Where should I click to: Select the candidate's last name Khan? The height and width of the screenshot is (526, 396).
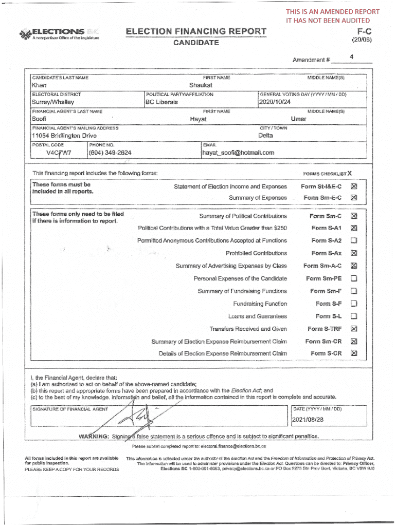coord(39,85)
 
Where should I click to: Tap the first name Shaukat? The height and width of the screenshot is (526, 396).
coord(201,85)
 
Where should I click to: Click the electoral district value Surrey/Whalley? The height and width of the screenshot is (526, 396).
coord(53,102)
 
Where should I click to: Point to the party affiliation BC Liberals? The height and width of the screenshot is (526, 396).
coord(162,102)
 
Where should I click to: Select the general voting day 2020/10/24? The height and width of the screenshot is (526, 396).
coord(275,102)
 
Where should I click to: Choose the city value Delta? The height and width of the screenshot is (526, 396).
coord(265,136)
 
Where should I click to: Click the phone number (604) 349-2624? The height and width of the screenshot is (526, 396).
coord(110,153)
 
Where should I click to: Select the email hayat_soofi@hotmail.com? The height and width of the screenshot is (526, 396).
coord(238,153)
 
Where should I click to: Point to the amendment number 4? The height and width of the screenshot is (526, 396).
coord(351,57)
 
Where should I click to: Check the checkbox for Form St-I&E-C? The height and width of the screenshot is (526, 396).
coord(353,187)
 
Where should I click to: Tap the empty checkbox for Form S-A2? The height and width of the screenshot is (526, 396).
coord(353,240)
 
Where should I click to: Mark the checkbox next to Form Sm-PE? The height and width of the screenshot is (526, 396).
coord(353,278)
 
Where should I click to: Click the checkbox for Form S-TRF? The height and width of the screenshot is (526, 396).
coord(353,329)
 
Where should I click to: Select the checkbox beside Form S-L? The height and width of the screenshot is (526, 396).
coord(353,316)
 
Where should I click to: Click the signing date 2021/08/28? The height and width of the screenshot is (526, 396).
coord(308,420)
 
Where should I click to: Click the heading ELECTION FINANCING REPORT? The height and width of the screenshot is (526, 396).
coord(196,32)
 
